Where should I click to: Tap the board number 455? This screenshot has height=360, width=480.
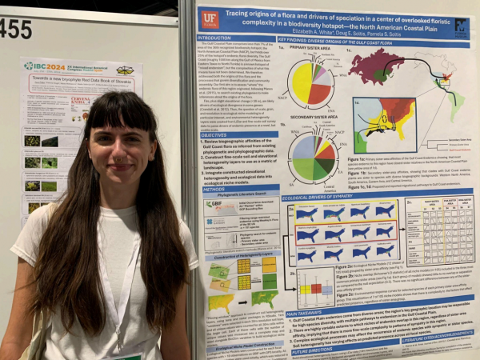(x=15, y=28)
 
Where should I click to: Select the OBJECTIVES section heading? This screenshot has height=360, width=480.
(x=214, y=135)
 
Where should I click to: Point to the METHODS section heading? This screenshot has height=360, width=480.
(x=212, y=190)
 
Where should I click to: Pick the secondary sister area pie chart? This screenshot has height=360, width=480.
(x=313, y=158)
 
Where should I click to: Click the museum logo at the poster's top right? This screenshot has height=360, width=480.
(x=461, y=24)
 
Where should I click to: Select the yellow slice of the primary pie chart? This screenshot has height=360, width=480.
(x=302, y=84)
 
